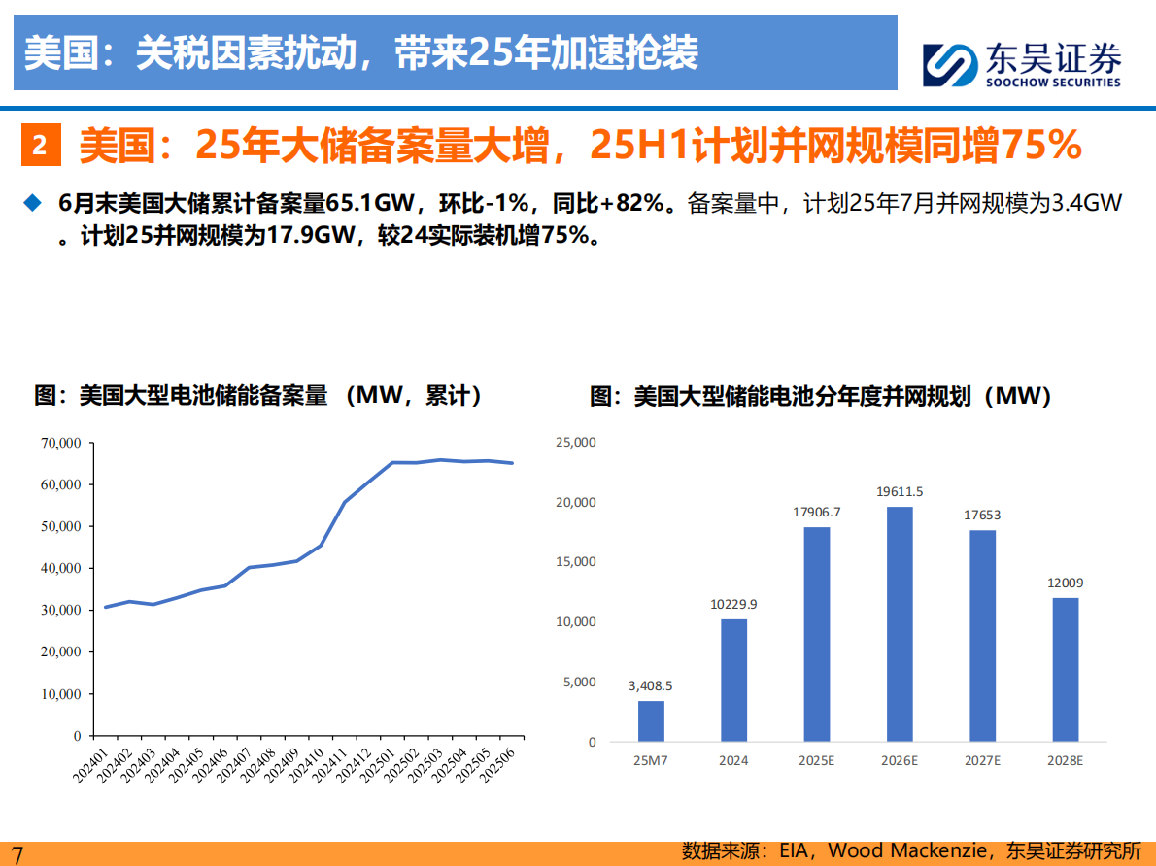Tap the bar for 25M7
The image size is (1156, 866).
(651, 720)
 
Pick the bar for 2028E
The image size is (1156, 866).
(1065, 669)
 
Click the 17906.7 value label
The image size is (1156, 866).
(817, 512)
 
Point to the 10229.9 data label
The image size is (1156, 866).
(733, 604)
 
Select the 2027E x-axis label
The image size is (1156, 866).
(982, 760)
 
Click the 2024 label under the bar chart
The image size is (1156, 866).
(733, 760)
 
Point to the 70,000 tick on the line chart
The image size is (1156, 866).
(61, 443)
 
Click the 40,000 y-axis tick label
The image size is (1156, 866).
(61, 568)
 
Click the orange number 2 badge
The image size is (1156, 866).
(40, 146)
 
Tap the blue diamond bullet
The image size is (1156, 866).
(33, 202)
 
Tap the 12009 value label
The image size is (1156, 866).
(1065, 583)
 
